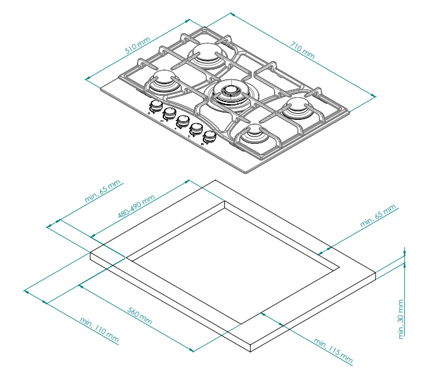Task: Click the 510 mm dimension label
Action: pyautogui.click(x=138, y=45)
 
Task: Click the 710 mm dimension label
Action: pyautogui.click(x=302, y=50)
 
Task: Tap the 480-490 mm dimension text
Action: pyautogui.click(x=136, y=206)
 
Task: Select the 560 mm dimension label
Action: pyautogui.click(x=140, y=316)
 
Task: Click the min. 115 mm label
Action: pyautogui.click(x=333, y=350)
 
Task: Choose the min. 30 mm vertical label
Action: pyautogui.click(x=401, y=319)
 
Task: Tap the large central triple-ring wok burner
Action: pyautogui.click(x=233, y=95)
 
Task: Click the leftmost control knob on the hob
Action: pyautogui.click(x=155, y=106)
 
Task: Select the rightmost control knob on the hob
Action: pyautogui.click(x=210, y=136)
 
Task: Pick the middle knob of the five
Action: pyautogui.click(x=183, y=121)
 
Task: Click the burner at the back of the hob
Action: pyautogui.click(x=207, y=55)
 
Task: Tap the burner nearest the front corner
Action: pyautogui.click(x=254, y=134)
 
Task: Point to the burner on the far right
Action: pyautogui.click(x=297, y=108)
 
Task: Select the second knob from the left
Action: pyautogui.click(x=170, y=114)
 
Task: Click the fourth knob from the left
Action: pyautogui.click(x=196, y=129)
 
